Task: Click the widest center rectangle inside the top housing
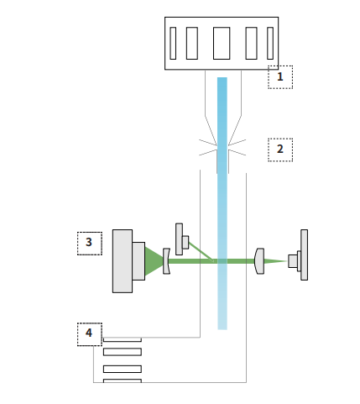[x=222, y=43]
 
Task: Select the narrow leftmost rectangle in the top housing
[x=173, y=43]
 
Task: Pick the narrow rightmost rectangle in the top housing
[x=270, y=43]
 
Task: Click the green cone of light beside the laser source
[x=153, y=261]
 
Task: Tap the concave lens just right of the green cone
[x=166, y=261]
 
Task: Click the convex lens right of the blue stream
[x=259, y=261]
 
